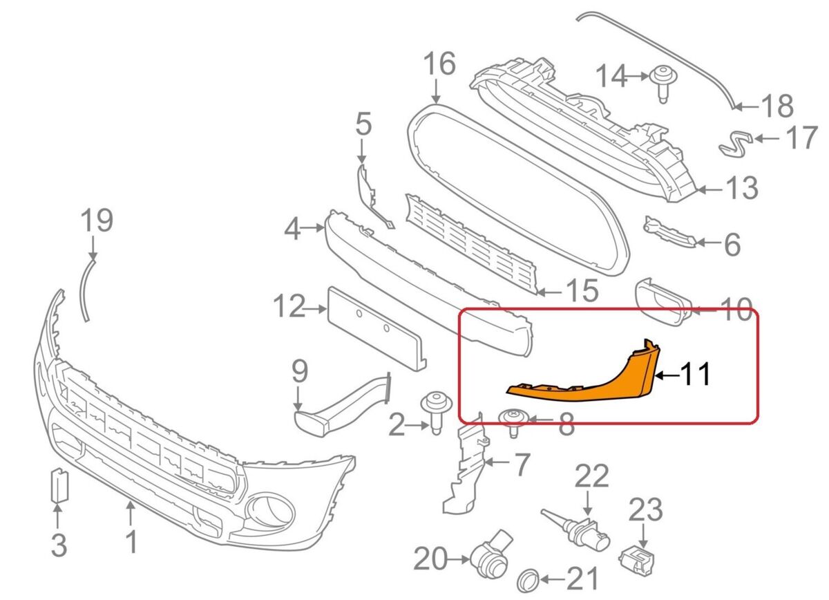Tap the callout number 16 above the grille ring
439,64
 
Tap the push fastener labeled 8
513,420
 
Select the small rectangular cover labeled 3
58,487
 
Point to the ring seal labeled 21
528,579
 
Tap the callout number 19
96,221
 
